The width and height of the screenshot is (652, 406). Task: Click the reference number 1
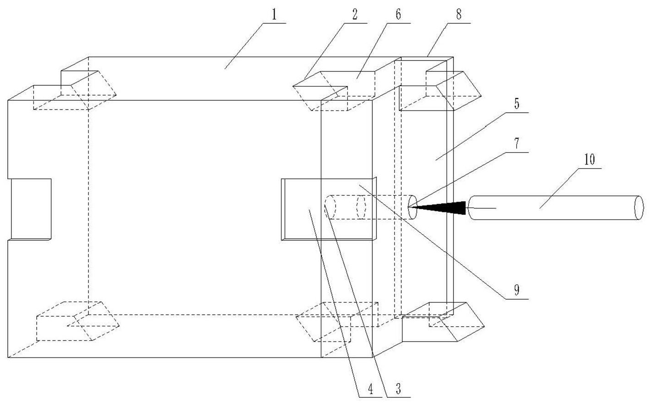coord(274,15)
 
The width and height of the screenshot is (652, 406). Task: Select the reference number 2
coord(354,15)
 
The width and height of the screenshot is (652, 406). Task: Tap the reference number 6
coord(398,15)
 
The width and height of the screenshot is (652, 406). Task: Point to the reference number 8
coord(459,15)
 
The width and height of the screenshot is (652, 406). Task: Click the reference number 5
coord(517,104)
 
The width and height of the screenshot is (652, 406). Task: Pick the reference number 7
coord(517,143)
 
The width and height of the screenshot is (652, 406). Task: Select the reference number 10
coord(589,160)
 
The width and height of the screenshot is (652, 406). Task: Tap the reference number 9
coord(517,291)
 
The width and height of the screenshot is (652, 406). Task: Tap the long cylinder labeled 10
coord(550,208)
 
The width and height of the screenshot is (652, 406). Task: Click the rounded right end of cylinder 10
coord(638,208)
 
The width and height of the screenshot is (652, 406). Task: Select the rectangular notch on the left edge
coord(30,208)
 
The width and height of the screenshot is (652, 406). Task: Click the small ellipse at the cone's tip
coord(412,207)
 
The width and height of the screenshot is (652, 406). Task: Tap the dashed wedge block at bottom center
coord(337,322)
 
